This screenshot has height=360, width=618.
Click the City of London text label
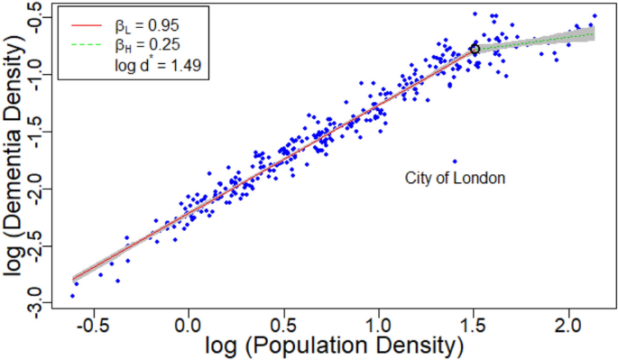click(x=454, y=178)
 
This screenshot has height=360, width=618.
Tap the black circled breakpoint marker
click(x=475, y=49)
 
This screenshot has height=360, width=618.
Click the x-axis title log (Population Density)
click(x=335, y=346)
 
